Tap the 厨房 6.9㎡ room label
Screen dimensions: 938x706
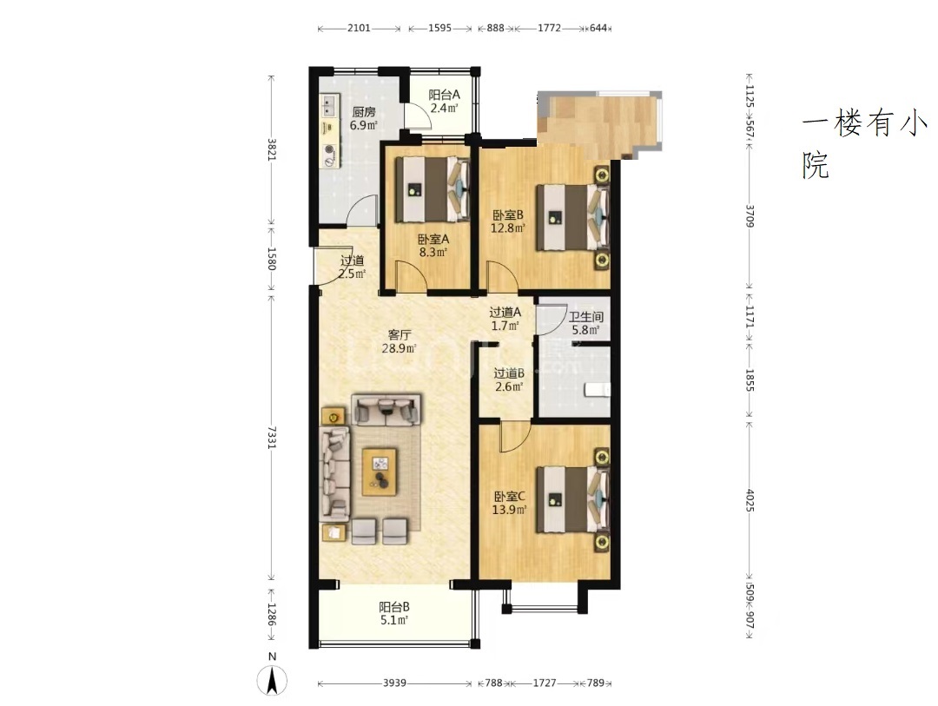point(364,118)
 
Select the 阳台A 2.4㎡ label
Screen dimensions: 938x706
point(445,101)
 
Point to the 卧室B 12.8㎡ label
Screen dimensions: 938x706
point(508,221)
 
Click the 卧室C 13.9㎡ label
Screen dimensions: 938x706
point(510,503)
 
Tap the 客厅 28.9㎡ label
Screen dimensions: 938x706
point(399,341)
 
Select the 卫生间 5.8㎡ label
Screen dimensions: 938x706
point(586,323)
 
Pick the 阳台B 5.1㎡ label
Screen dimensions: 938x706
point(394,613)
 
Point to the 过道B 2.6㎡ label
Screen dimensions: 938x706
point(509,380)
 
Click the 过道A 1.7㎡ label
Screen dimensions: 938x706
point(505,319)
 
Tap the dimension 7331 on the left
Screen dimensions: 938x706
point(272,438)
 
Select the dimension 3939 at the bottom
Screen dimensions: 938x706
point(395,683)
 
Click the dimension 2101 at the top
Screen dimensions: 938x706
point(359,28)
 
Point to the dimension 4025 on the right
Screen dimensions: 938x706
point(750,501)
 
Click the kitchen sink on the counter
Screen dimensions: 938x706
point(328,107)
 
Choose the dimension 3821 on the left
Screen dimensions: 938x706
point(272,149)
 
